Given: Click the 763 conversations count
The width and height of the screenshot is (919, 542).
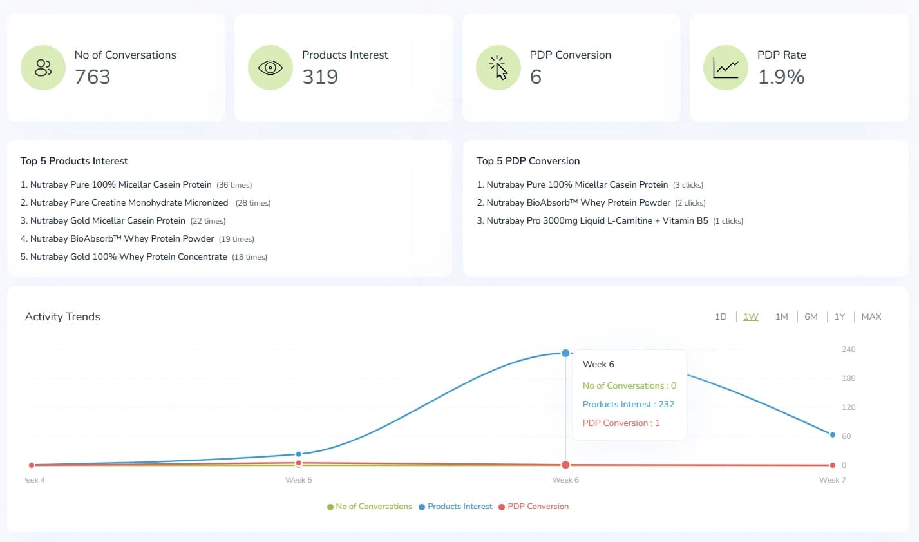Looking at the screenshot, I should click(x=93, y=77).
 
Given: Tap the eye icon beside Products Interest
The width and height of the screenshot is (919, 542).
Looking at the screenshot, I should click(x=270, y=68).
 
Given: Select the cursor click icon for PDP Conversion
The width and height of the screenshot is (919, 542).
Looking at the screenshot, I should click(x=498, y=68).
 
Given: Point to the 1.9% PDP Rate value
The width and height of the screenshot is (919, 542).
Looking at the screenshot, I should click(x=781, y=77).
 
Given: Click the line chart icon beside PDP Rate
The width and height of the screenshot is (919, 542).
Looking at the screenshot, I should click(x=725, y=68).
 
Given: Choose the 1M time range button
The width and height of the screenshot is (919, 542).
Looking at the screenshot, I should click(x=781, y=316).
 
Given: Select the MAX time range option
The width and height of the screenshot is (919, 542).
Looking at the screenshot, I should click(x=871, y=316).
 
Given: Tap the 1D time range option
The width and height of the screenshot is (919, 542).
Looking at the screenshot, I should click(x=721, y=316).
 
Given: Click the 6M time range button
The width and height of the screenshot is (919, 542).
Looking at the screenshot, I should click(x=811, y=316).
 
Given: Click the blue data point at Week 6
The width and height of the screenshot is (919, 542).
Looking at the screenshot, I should click(x=565, y=353).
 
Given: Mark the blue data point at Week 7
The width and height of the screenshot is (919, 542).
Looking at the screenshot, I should click(x=833, y=435).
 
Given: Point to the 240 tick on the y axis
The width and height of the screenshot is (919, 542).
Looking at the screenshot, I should click(x=848, y=349).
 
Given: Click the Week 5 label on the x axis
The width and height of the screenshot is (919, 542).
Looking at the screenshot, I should click(x=298, y=480).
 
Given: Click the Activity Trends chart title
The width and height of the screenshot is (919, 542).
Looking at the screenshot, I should click(x=62, y=316).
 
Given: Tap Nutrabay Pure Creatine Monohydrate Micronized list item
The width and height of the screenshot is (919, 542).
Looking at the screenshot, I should click(x=129, y=202).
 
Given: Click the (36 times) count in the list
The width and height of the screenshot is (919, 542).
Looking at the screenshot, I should click(x=234, y=185).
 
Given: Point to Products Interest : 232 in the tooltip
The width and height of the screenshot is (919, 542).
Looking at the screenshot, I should click(x=628, y=404).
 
